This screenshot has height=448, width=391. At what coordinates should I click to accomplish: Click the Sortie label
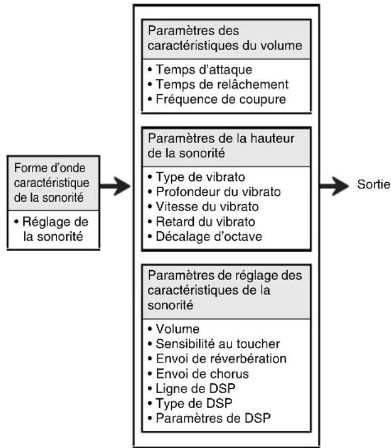[x=374, y=185]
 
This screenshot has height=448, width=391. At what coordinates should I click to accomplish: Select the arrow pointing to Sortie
[x=334, y=186]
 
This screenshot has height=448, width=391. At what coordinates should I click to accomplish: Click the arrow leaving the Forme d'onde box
[x=115, y=186]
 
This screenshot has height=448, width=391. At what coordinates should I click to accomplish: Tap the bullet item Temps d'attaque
[x=200, y=70]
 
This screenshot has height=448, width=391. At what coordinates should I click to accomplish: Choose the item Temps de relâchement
[x=218, y=84]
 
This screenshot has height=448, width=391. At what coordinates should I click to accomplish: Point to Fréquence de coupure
[x=217, y=100]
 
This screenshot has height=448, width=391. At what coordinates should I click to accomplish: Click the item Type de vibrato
[x=196, y=177]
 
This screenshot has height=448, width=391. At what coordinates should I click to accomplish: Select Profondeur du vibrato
[x=214, y=192]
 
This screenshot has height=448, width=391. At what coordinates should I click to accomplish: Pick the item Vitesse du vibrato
[x=203, y=207]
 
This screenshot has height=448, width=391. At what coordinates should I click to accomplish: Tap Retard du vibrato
[x=201, y=222]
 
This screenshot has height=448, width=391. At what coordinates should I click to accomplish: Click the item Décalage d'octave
[x=205, y=236]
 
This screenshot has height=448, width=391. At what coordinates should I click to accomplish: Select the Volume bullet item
[x=174, y=329]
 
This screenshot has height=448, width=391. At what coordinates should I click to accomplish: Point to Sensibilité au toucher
[x=214, y=344]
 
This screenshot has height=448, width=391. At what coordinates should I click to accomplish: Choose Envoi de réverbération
[x=217, y=359]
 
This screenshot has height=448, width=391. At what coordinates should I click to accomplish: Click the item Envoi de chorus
[x=198, y=374]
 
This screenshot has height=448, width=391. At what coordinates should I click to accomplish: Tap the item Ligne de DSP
[x=191, y=388]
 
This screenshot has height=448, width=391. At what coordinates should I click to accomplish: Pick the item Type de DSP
[x=190, y=404]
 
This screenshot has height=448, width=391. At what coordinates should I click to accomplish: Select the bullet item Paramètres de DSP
[x=209, y=418]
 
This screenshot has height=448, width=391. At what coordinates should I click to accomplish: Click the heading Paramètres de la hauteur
[x=221, y=138]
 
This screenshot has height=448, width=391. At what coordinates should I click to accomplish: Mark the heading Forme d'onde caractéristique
[x=52, y=175]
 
